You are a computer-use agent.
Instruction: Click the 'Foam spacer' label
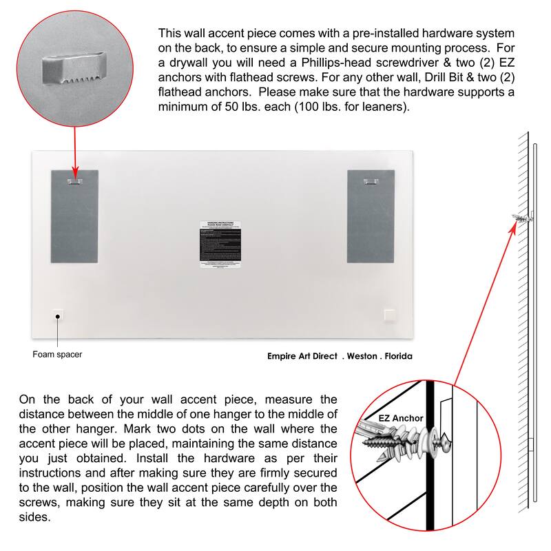(x=57, y=355)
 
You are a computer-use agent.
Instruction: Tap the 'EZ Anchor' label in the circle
(x=401, y=417)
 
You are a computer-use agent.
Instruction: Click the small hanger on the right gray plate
(x=371, y=181)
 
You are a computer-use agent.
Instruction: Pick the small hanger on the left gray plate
(x=74, y=181)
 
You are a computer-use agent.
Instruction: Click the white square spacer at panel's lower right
(x=390, y=315)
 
